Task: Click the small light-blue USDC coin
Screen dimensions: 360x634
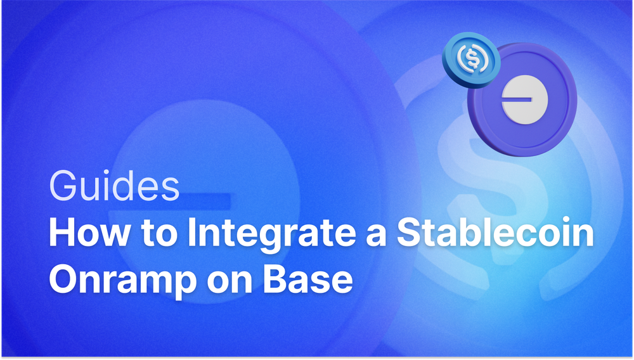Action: point(471,61)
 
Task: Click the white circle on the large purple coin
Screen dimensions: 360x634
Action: point(521,102)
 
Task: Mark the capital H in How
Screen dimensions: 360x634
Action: point(63,235)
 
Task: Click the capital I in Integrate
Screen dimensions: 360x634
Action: point(191,235)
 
